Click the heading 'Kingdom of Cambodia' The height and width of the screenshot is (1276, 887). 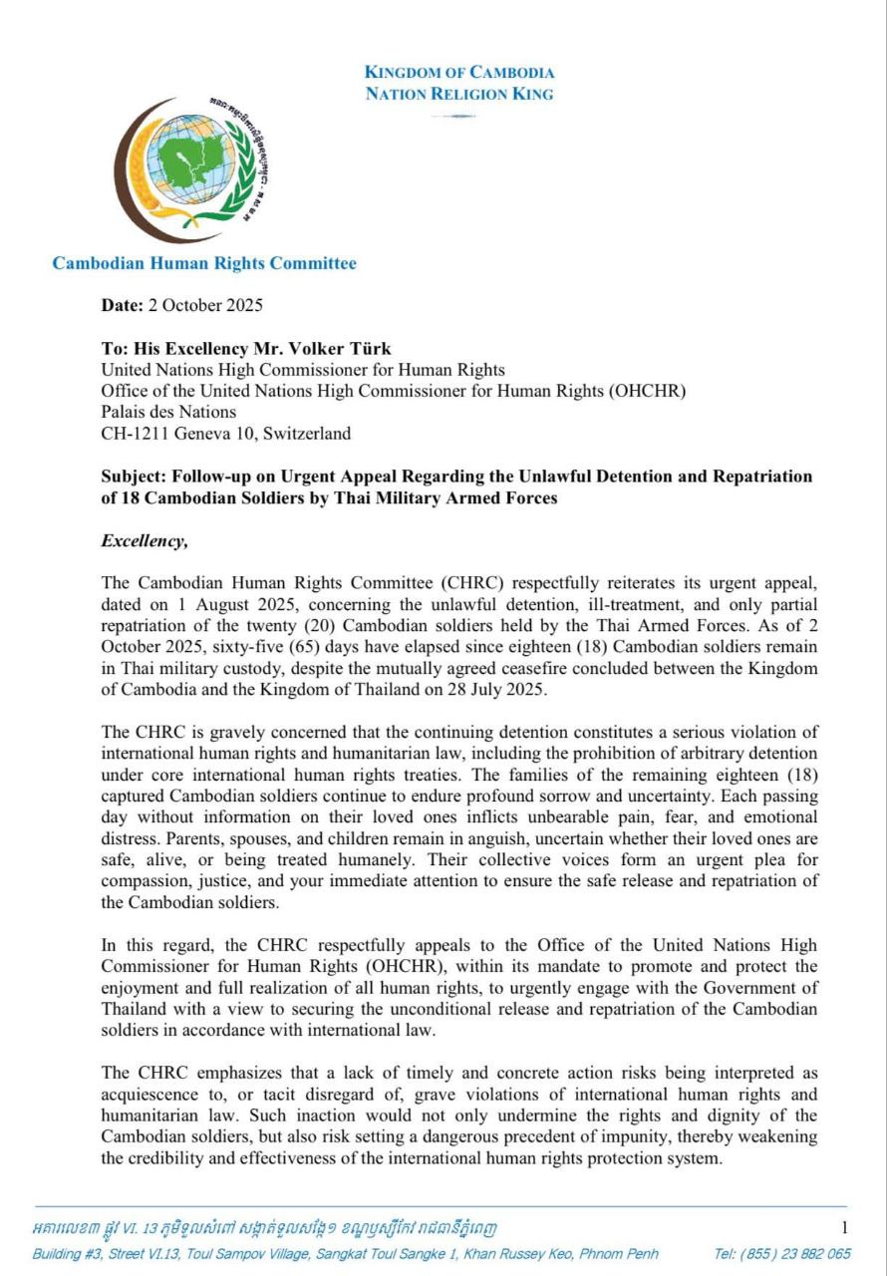pyautogui.click(x=459, y=72)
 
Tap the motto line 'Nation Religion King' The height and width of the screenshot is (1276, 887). pyautogui.click(x=459, y=94)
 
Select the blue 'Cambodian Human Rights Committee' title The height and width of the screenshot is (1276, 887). pyautogui.click(x=204, y=263)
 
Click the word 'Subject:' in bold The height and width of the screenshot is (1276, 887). pyautogui.click(x=136, y=477)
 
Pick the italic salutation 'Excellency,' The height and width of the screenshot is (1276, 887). pyautogui.click(x=145, y=541)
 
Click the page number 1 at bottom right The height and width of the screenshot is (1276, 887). pyautogui.click(x=845, y=1228)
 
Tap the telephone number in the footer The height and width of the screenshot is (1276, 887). pyautogui.click(x=782, y=1253)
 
